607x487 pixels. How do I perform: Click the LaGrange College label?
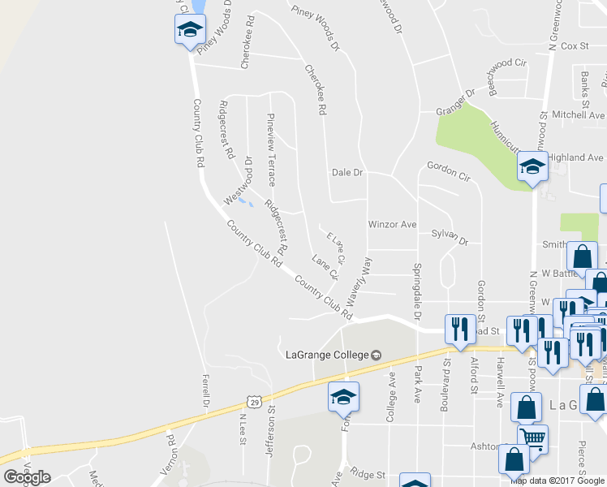tap(328, 354)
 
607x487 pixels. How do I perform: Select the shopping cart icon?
tap(533, 439)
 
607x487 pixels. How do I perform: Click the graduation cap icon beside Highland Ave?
tap(532, 166)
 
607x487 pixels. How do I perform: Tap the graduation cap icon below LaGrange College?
tap(343, 398)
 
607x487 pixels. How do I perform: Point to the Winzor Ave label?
tap(392, 224)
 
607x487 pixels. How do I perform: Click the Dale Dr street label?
tap(347, 173)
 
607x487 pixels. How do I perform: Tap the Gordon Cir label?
tap(448, 170)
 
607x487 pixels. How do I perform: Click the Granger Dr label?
tap(454, 104)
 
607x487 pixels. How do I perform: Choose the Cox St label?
tap(574, 47)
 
